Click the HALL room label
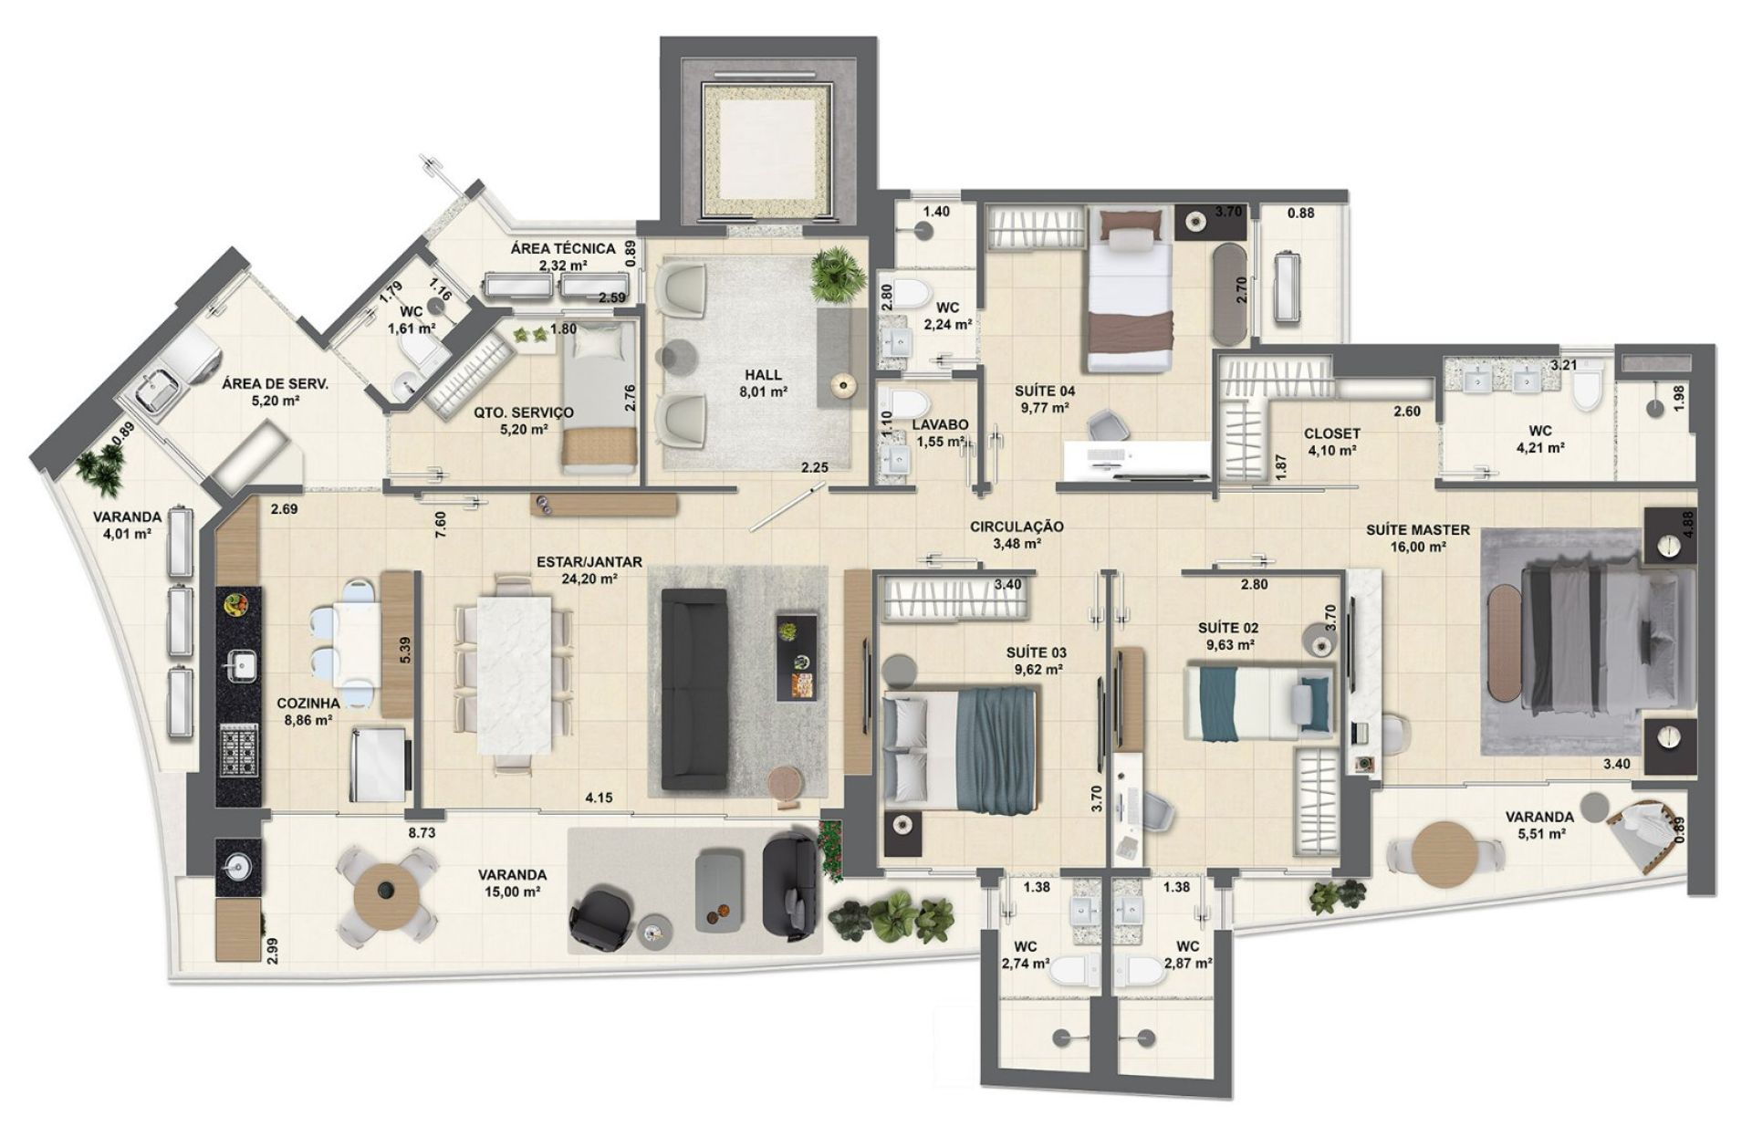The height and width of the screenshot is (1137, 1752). tap(763, 375)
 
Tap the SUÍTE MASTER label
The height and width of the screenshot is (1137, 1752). tap(1417, 529)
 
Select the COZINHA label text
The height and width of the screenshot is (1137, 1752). tap(308, 704)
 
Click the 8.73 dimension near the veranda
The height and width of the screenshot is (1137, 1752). tap(422, 833)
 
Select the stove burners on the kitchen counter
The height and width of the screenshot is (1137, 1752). tap(238, 752)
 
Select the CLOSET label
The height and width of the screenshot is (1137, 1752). tap(1332, 433)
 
